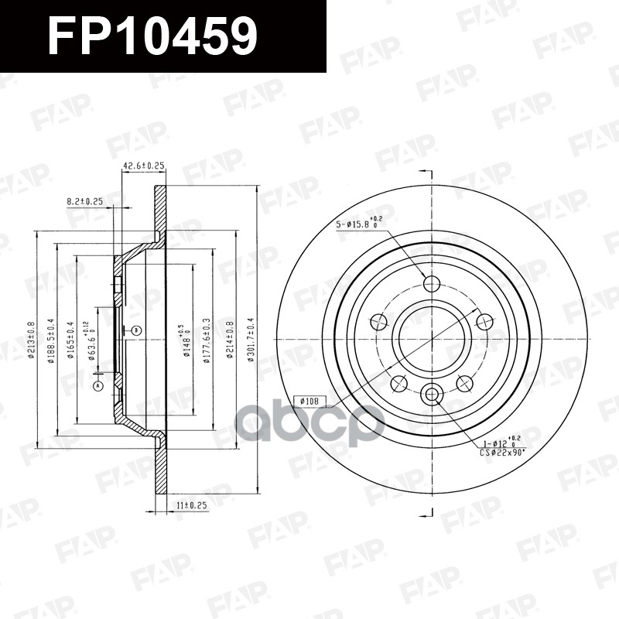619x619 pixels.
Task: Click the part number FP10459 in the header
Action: click(152, 36)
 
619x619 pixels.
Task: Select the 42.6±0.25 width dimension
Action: click(144, 166)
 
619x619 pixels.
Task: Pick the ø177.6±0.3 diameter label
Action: click(207, 340)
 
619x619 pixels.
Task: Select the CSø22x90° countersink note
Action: click(501, 449)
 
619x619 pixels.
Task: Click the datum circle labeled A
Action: click(98, 385)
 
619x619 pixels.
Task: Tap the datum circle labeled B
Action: click(136, 330)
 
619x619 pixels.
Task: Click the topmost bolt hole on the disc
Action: click(432, 283)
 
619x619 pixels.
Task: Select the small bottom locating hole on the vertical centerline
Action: click(432, 395)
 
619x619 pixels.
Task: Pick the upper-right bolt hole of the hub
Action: click(484, 321)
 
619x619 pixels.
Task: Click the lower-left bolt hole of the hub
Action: click(399, 383)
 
